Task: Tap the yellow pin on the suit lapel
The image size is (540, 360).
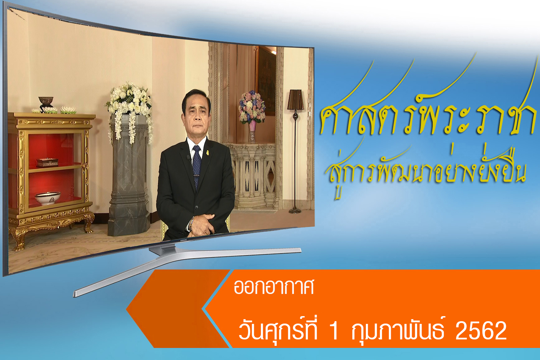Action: (x=207, y=153)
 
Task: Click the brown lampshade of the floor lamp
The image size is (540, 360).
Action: (x=296, y=100)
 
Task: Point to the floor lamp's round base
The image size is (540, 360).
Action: (x=295, y=211)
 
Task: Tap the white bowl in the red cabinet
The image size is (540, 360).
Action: (x=48, y=198)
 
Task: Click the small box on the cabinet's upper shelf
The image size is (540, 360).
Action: (x=47, y=162)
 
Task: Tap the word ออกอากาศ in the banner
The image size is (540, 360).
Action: (x=274, y=287)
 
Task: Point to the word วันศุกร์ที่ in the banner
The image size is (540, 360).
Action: (x=278, y=330)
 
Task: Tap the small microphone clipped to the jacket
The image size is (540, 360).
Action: (x=189, y=158)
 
